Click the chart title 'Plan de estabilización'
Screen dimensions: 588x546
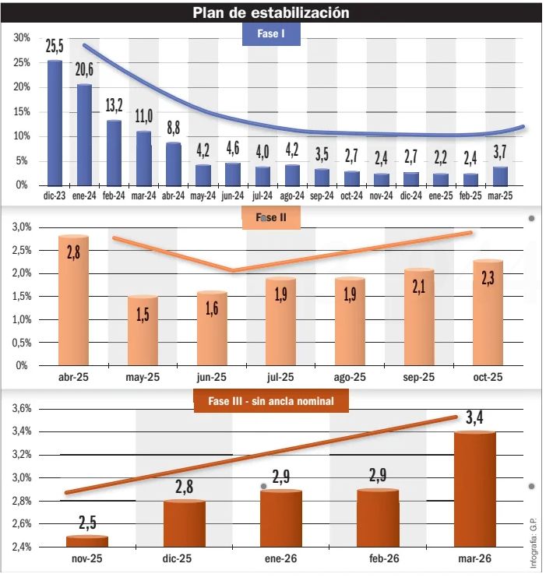(x=270, y=12)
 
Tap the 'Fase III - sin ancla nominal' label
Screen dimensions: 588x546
(x=270, y=402)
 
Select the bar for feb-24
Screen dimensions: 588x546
(x=114, y=153)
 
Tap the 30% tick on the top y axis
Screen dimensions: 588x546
(x=21, y=37)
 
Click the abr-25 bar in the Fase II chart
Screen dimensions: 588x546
(x=73, y=301)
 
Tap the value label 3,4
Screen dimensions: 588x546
(x=475, y=419)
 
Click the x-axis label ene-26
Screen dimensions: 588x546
(x=282, y=558)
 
